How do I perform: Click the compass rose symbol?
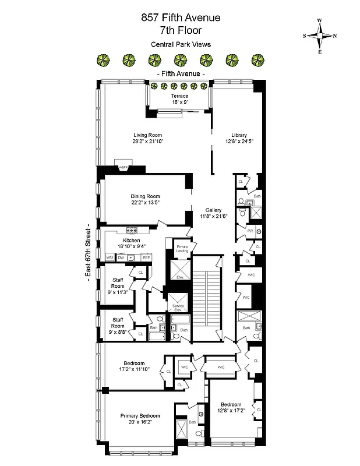(320, 36)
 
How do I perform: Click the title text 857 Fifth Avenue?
(181, 19)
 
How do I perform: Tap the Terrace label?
(179, 96)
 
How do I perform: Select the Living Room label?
(147, 135)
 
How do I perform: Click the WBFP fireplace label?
(123, 168)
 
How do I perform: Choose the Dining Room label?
(145, 196)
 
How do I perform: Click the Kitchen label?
(131, 241)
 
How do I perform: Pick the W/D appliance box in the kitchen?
(110, 257)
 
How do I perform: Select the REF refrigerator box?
(146, 257)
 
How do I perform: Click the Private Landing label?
(182, 249)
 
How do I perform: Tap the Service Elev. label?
(177, 308)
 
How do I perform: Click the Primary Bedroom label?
(140, 416)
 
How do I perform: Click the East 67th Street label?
(87, 250)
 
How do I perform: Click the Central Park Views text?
(181, 44)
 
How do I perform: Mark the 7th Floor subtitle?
(181, 31)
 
